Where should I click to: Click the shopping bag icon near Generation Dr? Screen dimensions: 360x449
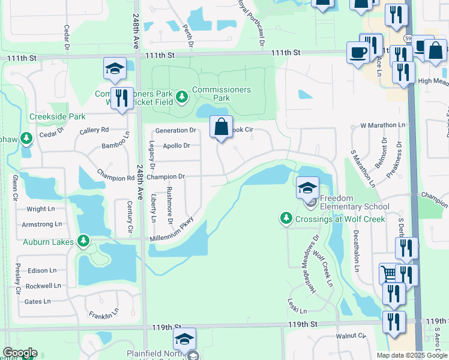[x=221, y=127]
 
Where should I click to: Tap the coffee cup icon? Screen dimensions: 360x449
[x=359, y=53]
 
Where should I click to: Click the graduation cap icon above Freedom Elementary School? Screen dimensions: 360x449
[x=307, y=188]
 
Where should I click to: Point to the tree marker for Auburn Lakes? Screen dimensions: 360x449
[x=83, y=242]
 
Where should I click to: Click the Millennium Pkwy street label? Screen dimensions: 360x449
[x=174, y=230]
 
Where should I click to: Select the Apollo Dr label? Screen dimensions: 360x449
[x=176, y=145]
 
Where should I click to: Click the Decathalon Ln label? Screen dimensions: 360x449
[x=357, y=250]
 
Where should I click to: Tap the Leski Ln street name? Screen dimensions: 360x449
[x=297, y=307]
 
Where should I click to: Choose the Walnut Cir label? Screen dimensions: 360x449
[x=351, y=336]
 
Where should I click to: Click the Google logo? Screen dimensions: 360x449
[x=20, y=353]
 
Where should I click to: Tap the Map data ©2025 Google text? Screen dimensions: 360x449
[x=412, y=355]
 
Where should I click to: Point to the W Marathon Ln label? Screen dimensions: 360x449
[x=379, y=125]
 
